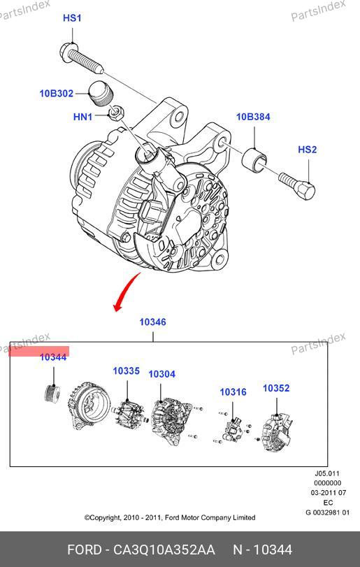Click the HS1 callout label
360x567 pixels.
coord(72,18)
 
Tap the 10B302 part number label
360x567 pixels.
coord(57,93)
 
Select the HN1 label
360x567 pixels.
coord(82,117)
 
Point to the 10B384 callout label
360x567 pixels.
coord(253,117)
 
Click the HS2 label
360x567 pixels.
coord(308,150)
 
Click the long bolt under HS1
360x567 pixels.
coord(82,57)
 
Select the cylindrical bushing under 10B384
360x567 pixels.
coord(254,159)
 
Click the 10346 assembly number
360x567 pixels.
coord(153,322)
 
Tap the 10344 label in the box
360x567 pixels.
coord(53,357)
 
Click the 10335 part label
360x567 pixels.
coord(126,371)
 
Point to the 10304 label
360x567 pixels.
coord(162,374)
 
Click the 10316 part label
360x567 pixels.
coord(233,392)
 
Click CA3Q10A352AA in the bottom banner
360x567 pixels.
coord(164,550)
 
